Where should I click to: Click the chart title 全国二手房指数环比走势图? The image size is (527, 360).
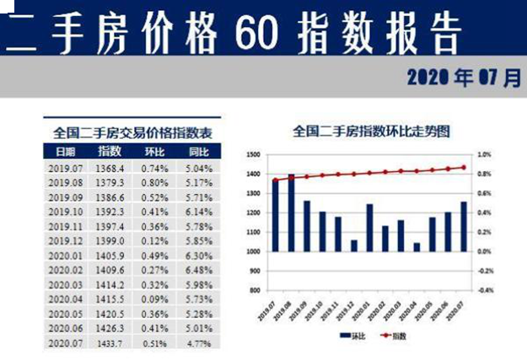point(370,132)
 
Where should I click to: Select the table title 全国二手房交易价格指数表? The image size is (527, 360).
point(132,132)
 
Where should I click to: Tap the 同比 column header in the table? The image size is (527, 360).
point(200,152)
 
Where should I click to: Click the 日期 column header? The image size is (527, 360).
point(65,152)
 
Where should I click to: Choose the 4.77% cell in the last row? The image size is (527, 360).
point(200,343)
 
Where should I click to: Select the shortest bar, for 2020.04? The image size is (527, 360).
point(417,247)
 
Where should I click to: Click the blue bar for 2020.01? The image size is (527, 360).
point(369,228)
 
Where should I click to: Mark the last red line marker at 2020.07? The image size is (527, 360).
point(463,167)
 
